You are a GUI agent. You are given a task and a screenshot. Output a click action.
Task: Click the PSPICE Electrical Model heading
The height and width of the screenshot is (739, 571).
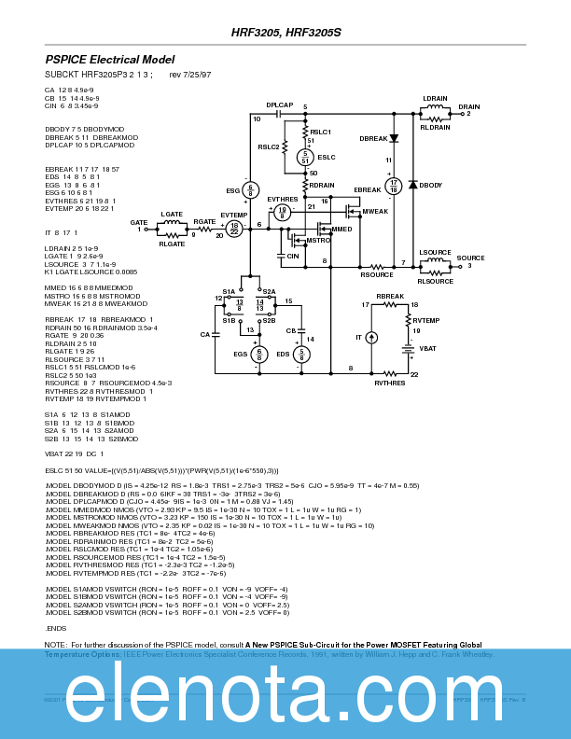click(110, 59)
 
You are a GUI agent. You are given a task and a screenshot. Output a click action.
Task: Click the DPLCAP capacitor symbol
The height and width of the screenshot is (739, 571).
click(279, 113)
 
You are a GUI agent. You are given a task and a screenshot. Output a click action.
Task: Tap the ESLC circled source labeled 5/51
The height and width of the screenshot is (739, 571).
click(305, 159)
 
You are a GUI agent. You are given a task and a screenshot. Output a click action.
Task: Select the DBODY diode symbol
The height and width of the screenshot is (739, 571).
click(412, 185)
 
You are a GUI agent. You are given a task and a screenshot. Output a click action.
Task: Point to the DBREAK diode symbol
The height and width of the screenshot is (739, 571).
click(393, 138)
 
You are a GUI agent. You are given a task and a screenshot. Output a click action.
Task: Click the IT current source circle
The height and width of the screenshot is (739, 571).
click(371, 337)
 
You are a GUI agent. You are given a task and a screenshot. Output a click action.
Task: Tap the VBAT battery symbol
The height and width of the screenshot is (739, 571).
click(408, 349)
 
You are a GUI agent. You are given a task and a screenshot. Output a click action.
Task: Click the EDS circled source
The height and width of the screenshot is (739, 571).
click(300, 355)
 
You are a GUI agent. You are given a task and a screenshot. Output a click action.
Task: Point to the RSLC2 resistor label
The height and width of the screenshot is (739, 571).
click(268, 146)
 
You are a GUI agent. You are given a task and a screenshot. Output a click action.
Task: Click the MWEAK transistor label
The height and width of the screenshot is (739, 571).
click(374, 211)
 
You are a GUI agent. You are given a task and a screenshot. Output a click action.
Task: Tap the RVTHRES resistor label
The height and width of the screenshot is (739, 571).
click(389, 383)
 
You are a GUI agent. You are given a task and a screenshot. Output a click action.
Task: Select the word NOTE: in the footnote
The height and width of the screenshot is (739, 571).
click(55, 645)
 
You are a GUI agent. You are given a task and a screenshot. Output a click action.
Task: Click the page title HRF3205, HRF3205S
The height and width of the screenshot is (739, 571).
click(286, 32)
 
